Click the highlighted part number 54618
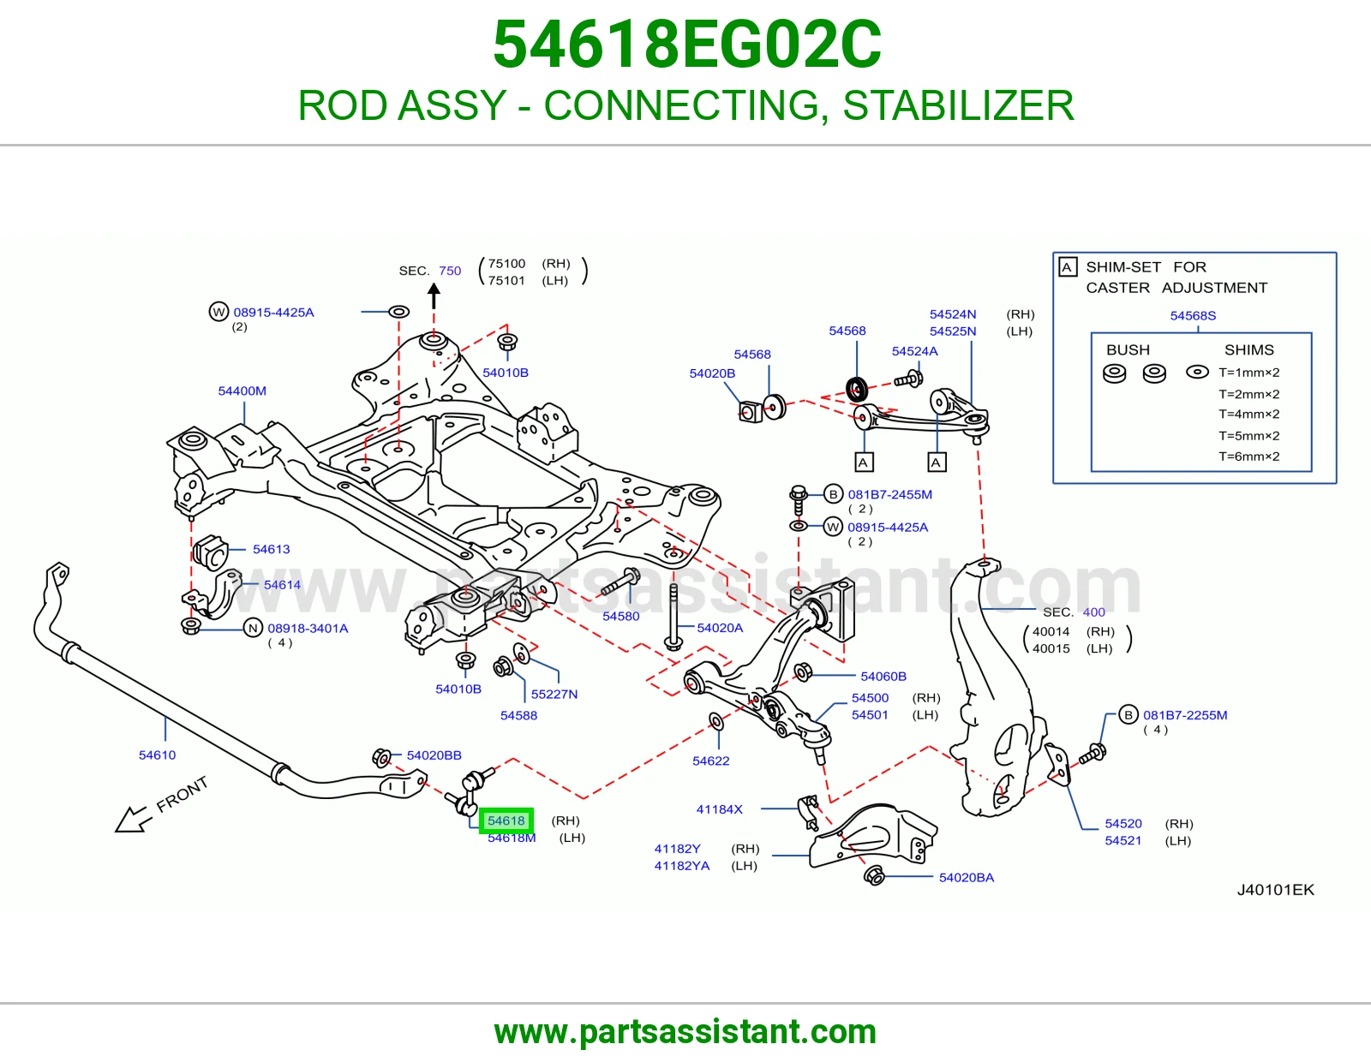coord(506,820)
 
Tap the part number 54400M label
coord(242,391)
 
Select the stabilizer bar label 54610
coord(157,755)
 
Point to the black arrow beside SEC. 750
coord(434,295)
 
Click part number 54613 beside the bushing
coord(272,549)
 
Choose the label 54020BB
coord(434,755)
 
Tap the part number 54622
coord(711,761)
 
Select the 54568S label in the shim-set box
coord(1193,315)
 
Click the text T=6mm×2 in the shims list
coord(1249,456)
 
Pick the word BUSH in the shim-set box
coord(1129,350)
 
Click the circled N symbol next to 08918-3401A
coord(253,628)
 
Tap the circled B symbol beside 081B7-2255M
coord(1129,714)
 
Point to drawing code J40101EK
coord(1276,890)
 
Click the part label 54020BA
coord(967,877)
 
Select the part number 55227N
coord(554,694)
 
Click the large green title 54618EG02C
coord(686,45)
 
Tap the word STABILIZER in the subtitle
coord(958,105)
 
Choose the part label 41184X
coord(719,809)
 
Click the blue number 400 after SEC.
coord(1094,612)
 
